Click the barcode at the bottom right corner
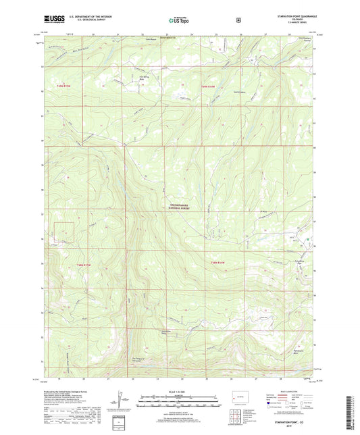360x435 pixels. (352, 412)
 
